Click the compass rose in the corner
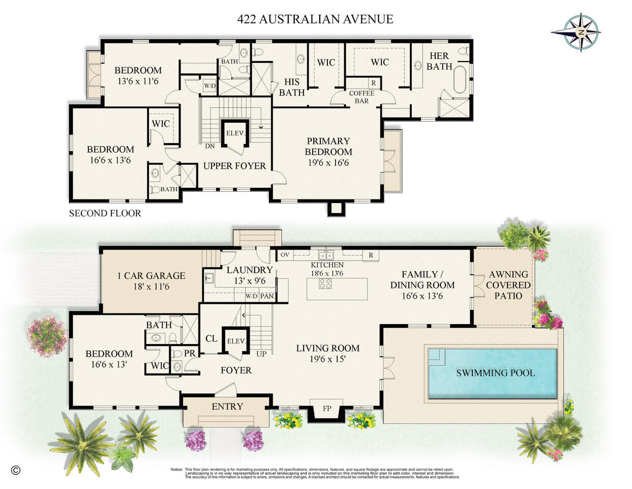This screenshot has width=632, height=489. pyautogui.click(x=576, y=32)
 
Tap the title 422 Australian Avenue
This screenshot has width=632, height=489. pyautogui.click(x=315, y=19)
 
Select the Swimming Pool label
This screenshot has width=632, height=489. pyautogui.click(x=495, y=373)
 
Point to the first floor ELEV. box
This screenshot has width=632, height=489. pyautogui.click(x=236, y=341)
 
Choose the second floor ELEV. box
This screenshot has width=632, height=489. pyautogui.click(x=235, y=133)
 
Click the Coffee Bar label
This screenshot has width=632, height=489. pyautogui.click(x=362, y=97)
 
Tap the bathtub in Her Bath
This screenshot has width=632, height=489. pyautogui.click(x=460, y=79)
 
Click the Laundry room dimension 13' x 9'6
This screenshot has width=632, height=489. pyautogui.click(x=250, y=280)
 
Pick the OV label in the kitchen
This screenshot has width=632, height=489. pyautogui.click(x=284, y=254)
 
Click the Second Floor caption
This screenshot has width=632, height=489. pyautogui.click(x=105, y=213)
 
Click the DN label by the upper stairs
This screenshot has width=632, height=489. pyautogui.click(x=209, y=146)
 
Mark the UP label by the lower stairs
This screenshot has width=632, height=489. pyautogui.click(x=261, y=354)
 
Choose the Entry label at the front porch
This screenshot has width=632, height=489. pyautogui.click(x=227, y=407)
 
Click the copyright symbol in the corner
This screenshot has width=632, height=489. pyautogui.click(x=15, y=470)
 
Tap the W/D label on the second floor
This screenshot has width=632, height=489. pyautogui.click(x=209, y=86)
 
